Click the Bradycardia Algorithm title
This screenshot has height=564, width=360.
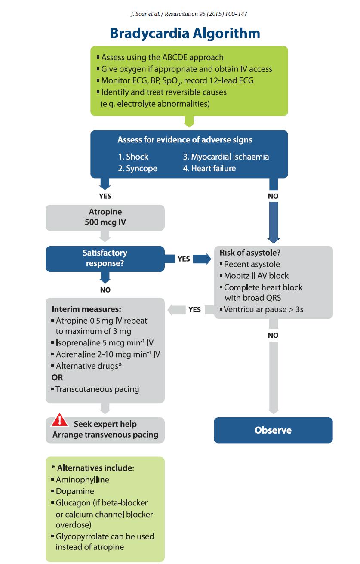[x=185, y=34]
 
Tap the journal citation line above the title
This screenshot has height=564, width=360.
[x=189, y=14]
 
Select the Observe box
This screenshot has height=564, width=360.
[x=273, y=430]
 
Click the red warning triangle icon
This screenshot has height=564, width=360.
[x=59, y=420]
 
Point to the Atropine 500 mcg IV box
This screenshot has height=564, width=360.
[x=105, y=218]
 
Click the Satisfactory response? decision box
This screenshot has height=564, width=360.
[x=105, y=259]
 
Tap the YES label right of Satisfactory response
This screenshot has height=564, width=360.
[x=184, y=259]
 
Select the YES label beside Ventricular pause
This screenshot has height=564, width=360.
[x=194, y=309]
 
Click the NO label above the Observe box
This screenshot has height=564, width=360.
[x=273, y=335]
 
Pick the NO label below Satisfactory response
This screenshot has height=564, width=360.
[x=105, y=290]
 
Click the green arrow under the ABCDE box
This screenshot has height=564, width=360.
[x=189, y=121]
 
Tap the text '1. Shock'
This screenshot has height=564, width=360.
[x=133, y=157]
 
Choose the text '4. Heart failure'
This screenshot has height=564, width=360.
[x=209, y=168]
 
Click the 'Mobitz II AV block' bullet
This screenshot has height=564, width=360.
[x=254, y=276]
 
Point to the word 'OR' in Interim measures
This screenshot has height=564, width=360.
[x=57, y=377]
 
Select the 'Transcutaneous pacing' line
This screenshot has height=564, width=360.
[x=95, y=389]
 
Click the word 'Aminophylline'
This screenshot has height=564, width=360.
[x=83, y=479]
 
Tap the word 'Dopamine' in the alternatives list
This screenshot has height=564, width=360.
[x=75, y=491]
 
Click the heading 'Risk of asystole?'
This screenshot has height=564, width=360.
[x=250, y=253]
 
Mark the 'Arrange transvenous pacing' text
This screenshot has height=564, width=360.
[x=105, y=435]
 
